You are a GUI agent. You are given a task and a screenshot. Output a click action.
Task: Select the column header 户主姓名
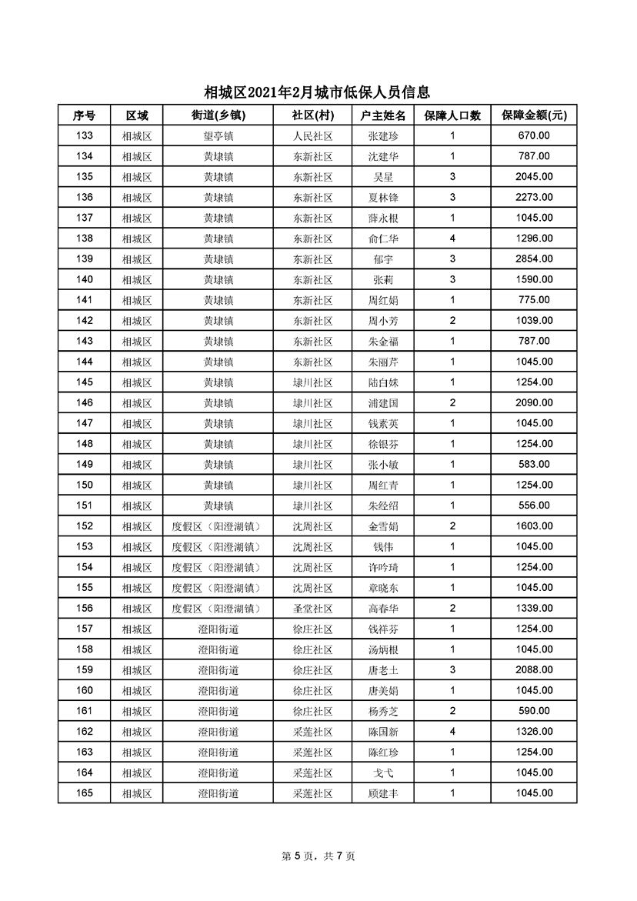point(383,115)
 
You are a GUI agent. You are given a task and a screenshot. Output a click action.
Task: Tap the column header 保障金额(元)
point(534,115)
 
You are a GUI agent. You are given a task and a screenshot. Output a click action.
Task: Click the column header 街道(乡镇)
point(218,115)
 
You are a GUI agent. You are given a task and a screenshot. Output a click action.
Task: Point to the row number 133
point(84,136)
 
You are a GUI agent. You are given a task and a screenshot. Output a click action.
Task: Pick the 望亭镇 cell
point(218,136)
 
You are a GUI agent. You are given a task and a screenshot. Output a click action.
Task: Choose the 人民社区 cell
point(312,136)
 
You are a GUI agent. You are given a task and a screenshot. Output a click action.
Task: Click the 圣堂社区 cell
point(312,609)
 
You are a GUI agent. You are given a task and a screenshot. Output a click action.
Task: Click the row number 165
point(84,793)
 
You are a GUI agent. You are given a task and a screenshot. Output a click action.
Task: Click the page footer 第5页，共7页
point(318,856)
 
